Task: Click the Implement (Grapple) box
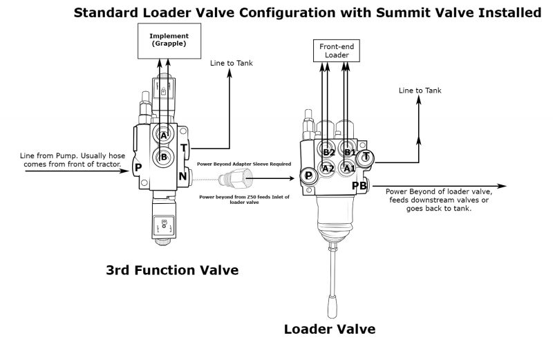pyautogui.click(x=164, y=39)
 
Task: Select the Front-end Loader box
pyautogui.click(x=336, y=50)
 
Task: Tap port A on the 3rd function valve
pyautogui.click(x=165, y=136)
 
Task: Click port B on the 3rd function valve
pyautogui.click(x=165, y=156)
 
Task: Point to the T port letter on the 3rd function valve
pyautogui.click(x=184, y=148)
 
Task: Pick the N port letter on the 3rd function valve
pyautogui.click(x=183, y=176)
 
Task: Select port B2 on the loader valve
pyautogui.click(x=328, y=151)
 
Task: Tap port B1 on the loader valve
pyautogui.click(x=350, y=151)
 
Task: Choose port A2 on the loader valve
pyautogui.click(x=328, y=168)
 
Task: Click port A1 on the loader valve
pyautogui.click(x=350, y=168)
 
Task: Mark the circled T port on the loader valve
pyautogui.click(x=366, y=158)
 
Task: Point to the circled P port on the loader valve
pyautogui.click(x=308, y=176)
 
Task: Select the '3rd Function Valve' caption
pyautogui.click(x=172, y=270)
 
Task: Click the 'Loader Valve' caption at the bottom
pyautogui.click(x=330, y=329)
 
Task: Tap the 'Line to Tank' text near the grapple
pyautogui.click(x=232, y=64)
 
